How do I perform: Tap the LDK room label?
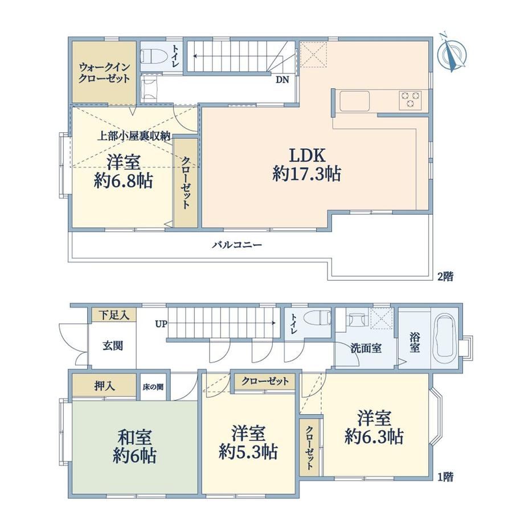click(307, 155)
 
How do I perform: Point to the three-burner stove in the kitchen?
click(410, 100)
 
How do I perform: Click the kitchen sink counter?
click(355, 101)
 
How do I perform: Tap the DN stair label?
click(283, 80)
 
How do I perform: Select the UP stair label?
click(161, 324)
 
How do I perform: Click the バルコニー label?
click(237, 245)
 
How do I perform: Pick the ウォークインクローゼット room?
click(104, 72)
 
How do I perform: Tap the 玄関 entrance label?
click(113, 346)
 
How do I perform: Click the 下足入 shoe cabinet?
click(113, 315)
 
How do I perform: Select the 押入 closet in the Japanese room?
click(104, 386)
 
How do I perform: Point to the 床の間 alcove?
click(153, 387)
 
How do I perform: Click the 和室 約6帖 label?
click(134, 447)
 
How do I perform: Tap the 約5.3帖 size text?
click(248, 452)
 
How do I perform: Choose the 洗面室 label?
click(366, 348)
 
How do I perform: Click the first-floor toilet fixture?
click(320, 317)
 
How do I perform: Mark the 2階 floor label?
click(445, 276)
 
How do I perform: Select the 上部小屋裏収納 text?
click(134, 136)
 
